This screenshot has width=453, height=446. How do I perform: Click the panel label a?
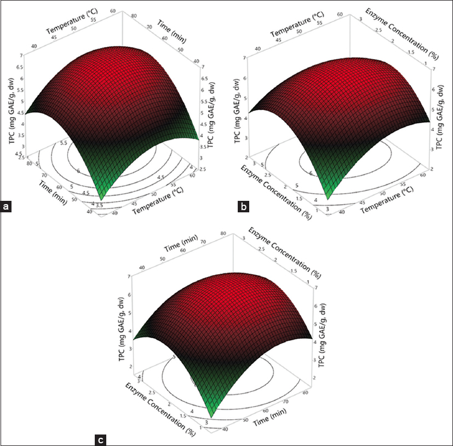(x=6, y=207)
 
